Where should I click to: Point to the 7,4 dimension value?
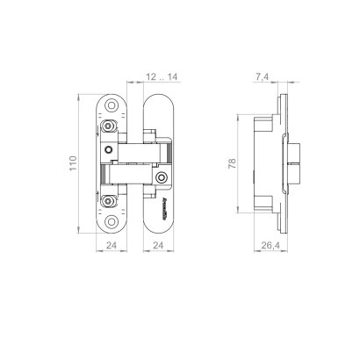tap(261, 76)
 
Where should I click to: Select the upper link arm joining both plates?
tap(136, 140)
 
